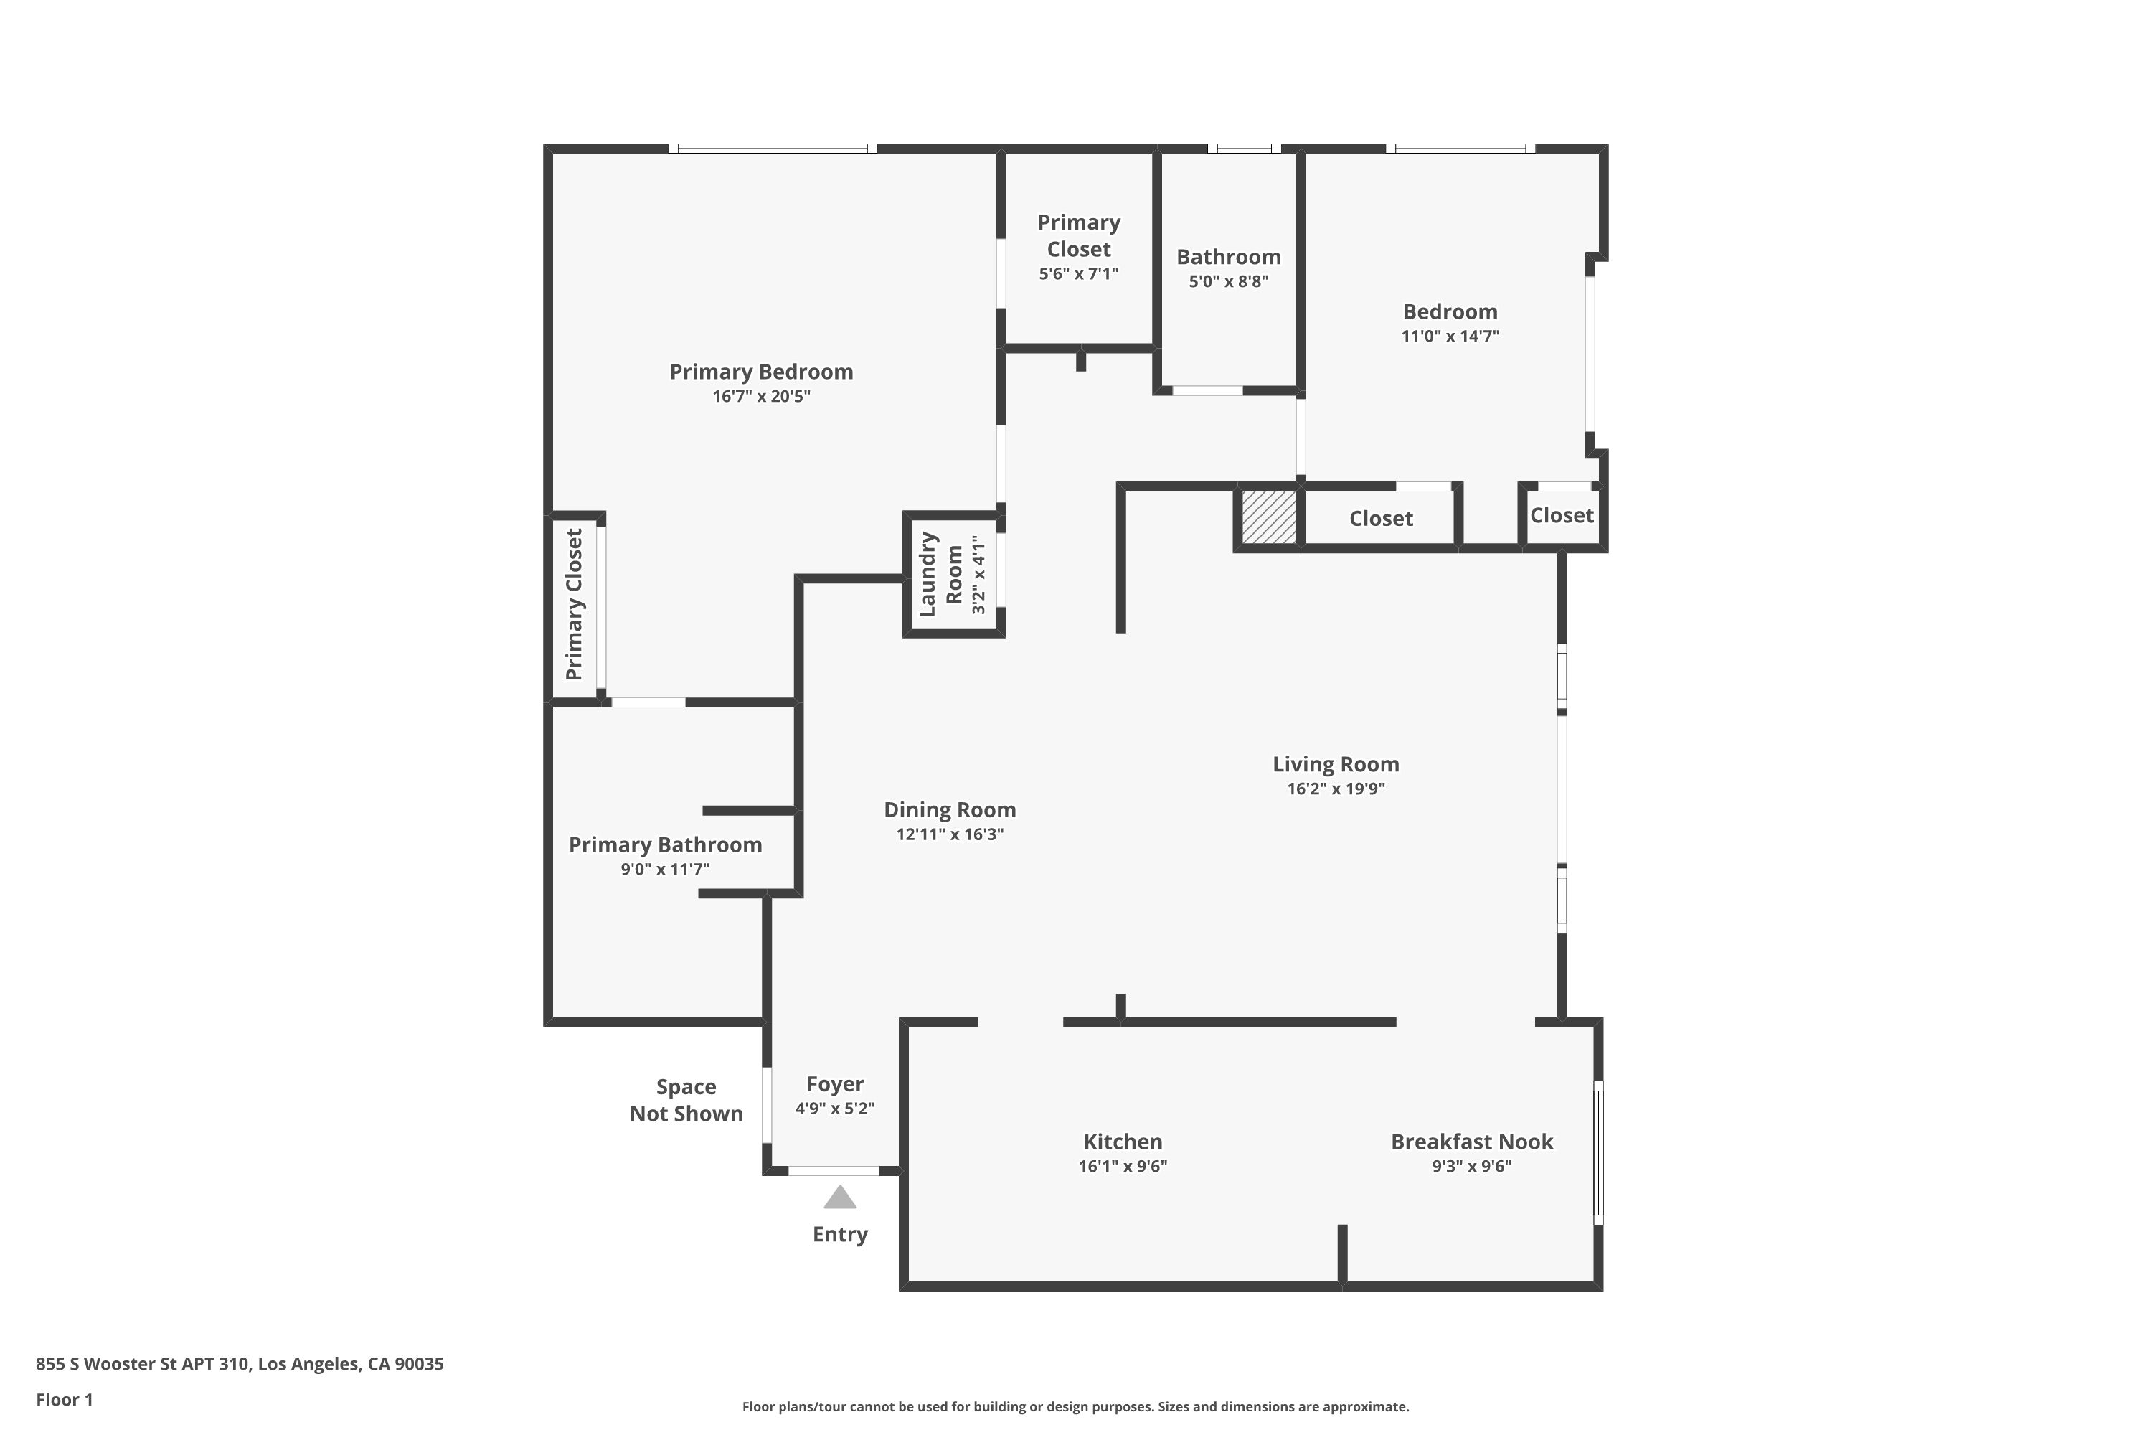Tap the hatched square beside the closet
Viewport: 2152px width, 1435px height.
click(1268, 517)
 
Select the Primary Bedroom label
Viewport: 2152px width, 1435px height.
click(761, 372)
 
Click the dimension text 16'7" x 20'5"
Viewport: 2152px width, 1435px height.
click(761, 396)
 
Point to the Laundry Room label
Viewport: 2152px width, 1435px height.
click(940, 574)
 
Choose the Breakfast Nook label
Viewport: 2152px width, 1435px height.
click(1471, 1142)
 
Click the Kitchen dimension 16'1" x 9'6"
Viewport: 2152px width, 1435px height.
click(1123, 1166)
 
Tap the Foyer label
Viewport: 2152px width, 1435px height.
click(834, 1084)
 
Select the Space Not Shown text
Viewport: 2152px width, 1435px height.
click(686, 1100)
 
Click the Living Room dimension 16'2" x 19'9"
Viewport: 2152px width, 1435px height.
click(1336, 789)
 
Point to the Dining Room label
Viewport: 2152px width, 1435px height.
click(950, 810)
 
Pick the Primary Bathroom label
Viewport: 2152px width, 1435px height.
click(665, 844)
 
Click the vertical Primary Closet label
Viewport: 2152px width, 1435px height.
click(574, 604)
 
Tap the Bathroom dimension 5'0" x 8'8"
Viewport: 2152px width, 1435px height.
click(1229, 282)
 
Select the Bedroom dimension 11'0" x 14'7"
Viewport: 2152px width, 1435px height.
click(1450, 336)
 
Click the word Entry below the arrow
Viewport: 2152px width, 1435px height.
click(840, 1235)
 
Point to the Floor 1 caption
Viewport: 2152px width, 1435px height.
click(64, 1399)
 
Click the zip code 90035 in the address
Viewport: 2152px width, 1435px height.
click(419, 1364)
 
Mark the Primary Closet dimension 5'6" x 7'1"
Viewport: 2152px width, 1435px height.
click(1079, 273)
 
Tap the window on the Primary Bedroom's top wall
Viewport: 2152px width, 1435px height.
click(773, 149)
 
